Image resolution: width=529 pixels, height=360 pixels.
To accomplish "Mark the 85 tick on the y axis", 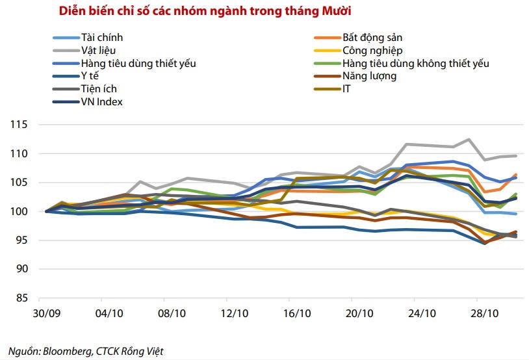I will [25, 298].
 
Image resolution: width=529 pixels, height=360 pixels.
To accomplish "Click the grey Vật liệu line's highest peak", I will [469, 139].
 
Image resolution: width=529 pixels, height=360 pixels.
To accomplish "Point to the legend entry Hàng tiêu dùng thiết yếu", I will [138, 63].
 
